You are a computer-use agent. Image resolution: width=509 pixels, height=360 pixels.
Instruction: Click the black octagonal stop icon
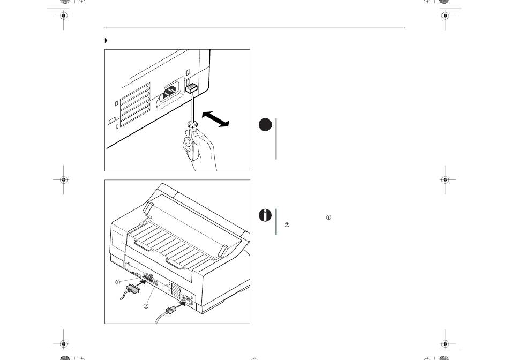[265, 125]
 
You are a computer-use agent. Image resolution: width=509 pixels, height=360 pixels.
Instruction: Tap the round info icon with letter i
[265, 215]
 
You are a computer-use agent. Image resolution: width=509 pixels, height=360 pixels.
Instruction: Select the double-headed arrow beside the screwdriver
[215, 119]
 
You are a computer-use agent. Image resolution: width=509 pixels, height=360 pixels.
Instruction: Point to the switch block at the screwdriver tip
[191, 88]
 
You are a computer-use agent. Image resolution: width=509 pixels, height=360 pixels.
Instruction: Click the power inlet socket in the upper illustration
[170, 92]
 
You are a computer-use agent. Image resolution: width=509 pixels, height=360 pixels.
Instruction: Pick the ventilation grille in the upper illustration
[135, 104]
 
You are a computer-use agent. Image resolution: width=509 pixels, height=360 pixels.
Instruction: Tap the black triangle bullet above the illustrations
[106, 41]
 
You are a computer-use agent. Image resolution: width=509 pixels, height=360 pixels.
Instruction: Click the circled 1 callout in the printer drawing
[118, 282]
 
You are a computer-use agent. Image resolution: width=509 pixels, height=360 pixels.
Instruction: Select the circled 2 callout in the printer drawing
[146, 306]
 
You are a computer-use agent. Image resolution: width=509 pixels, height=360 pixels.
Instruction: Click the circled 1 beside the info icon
[328, 217]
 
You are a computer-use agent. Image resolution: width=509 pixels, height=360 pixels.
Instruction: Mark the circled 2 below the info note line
[287, 224]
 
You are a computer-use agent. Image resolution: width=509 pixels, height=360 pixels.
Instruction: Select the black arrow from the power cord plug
[181, 305]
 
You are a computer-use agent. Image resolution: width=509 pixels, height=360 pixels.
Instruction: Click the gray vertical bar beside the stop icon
[276, 139]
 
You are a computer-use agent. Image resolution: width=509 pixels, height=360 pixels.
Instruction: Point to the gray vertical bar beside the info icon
[276, 221]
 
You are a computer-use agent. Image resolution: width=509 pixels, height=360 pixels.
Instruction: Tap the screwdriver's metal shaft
[192, 107]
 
